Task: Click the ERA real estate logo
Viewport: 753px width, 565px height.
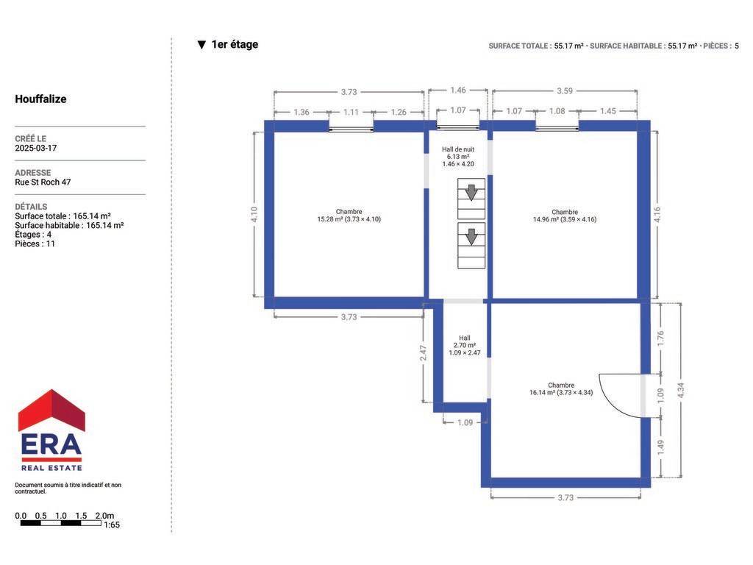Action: point(51,430)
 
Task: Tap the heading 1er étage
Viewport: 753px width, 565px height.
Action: point(235,44)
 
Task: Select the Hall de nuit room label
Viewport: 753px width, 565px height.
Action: point(458,157)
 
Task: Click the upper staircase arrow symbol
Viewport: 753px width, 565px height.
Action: point(471,192)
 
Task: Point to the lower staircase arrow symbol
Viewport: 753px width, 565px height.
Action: point(471,236)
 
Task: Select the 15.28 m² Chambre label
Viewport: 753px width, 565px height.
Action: point(349,216)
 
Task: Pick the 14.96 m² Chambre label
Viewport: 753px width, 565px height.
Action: point(565,216)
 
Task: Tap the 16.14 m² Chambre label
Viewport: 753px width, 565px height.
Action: point(561,388)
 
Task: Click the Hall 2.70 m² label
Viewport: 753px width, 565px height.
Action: point(465,346)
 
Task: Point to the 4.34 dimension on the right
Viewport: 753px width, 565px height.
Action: point(680,390)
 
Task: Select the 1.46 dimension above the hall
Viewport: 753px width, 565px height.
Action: point(458,90)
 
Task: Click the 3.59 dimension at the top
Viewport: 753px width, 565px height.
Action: point(565,90)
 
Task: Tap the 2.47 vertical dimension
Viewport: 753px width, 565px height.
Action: point(423,353)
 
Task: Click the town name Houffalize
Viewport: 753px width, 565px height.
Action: point(41,99)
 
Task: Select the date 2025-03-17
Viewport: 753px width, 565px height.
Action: point(36,148)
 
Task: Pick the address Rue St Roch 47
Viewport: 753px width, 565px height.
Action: point(43,182)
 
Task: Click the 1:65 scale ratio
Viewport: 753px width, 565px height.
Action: point(112,525)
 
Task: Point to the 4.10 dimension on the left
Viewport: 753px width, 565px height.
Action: point(254,214)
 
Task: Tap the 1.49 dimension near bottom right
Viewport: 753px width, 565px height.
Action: point(661,447)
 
